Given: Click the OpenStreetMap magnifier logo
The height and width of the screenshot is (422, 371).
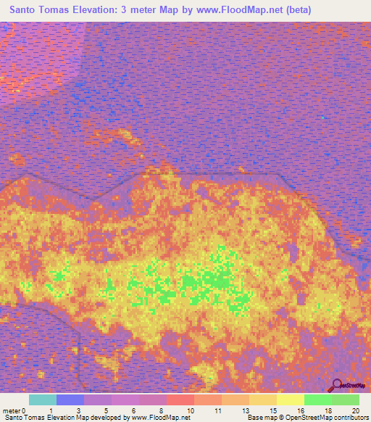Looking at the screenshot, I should (x=335, y=385).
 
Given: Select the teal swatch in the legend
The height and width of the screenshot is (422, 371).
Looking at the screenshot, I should (x=42, y=400).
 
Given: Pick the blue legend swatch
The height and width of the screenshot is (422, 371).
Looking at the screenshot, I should (x=70, y=400).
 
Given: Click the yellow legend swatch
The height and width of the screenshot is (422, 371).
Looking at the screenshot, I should (x=290, y=400).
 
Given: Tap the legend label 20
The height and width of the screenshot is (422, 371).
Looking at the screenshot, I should (x=354, y=410).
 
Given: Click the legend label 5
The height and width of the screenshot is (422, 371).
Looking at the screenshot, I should (x=106, y=410).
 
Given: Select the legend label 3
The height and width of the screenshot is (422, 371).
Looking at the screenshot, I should (x=78, y=410).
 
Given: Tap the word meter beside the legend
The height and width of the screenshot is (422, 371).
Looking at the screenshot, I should (x=12, y=410).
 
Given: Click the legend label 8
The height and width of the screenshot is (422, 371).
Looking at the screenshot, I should (x=161, y=410).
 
